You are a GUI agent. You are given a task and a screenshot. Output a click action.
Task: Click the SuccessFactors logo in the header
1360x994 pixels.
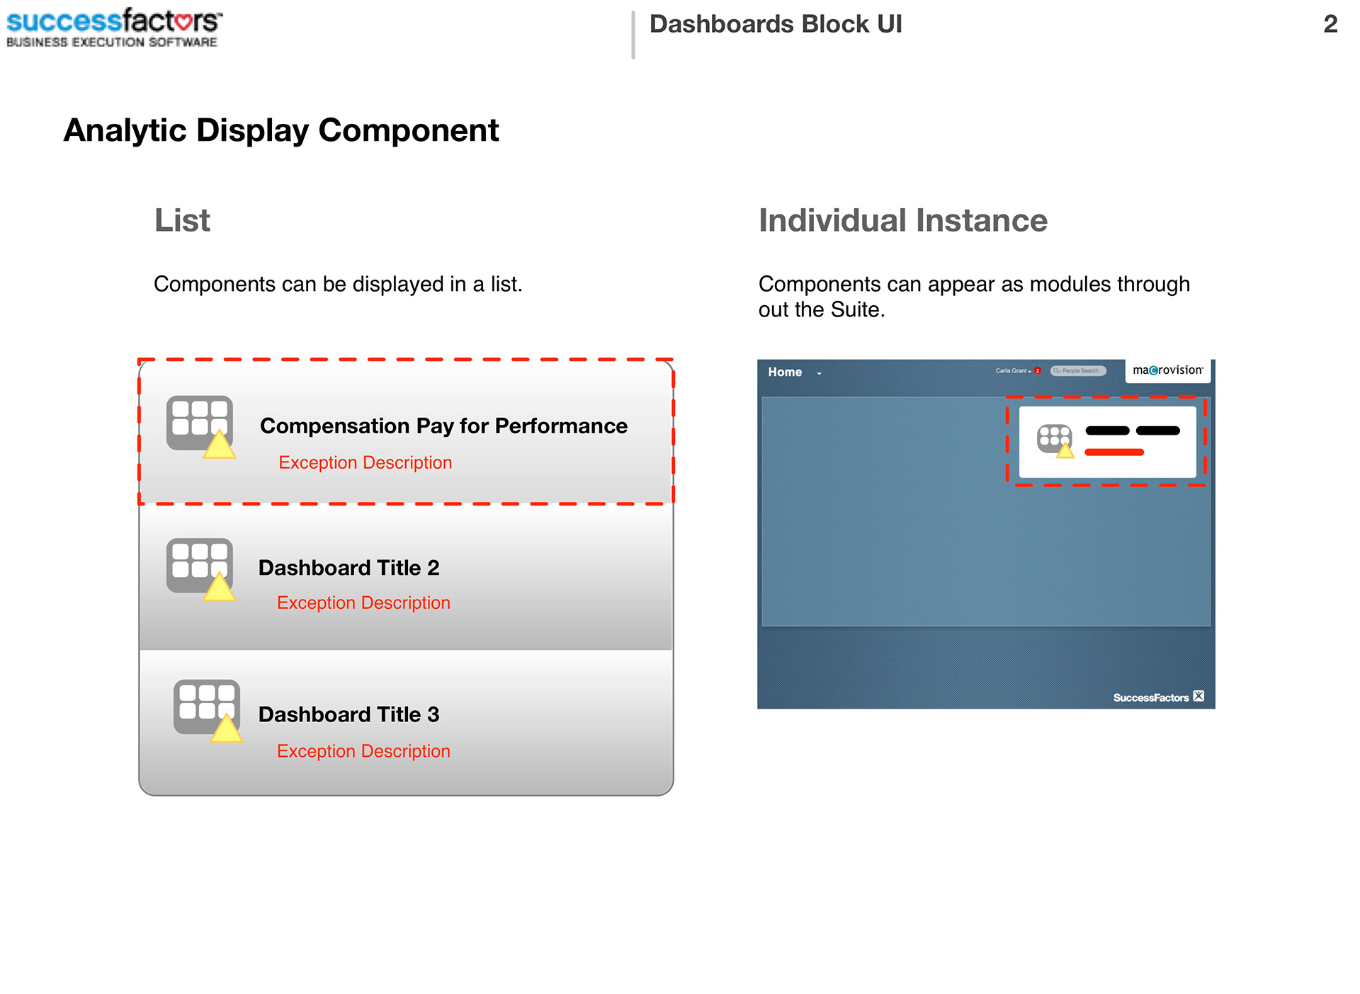[x=113, y=27]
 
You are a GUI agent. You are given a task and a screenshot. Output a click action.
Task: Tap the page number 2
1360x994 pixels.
[x=1330, y=24]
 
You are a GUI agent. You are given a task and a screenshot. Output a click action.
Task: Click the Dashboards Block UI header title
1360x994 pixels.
[x=775, y=24]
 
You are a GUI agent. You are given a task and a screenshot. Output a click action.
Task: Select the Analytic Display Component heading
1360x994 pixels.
[x=280, y=130]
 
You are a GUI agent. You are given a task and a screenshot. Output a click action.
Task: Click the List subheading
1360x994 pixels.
[x=182, y=220]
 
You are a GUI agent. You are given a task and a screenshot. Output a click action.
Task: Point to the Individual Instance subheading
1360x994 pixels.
[x=902, y=220]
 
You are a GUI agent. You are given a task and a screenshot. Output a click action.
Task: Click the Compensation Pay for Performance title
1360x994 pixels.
[x=443, y=425]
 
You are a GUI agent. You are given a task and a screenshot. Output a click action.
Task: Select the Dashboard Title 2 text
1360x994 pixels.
[x=348, y=568]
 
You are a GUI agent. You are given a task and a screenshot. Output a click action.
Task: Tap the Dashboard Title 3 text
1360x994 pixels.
[x=348, y=714]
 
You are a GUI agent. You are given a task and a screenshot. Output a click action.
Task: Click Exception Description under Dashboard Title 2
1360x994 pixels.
[x=363, y=602]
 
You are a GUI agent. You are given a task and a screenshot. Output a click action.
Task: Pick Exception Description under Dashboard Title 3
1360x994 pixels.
[x=363, y=751]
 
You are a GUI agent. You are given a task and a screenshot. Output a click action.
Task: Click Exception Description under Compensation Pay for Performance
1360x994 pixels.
[x=365, y=462]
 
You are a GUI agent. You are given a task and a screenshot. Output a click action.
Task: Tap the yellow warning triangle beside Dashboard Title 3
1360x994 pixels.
[x=227, y=729]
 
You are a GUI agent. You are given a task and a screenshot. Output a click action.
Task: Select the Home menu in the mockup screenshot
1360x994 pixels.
[x=785, y=372]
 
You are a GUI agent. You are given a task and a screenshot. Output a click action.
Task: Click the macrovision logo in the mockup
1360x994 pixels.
[x=1167, y=370]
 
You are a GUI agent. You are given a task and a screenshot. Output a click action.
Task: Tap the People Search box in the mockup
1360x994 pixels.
[x=1078, y=371]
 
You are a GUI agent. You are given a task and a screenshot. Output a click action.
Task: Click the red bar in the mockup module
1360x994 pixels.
[x=1113, y=452]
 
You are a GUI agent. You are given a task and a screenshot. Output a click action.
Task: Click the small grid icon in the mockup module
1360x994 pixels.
[x=1053, y=437]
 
